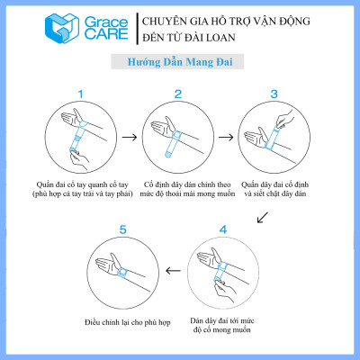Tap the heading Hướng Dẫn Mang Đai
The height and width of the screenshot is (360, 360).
[179, 64]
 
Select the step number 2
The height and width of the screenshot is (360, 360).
[178, 93]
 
